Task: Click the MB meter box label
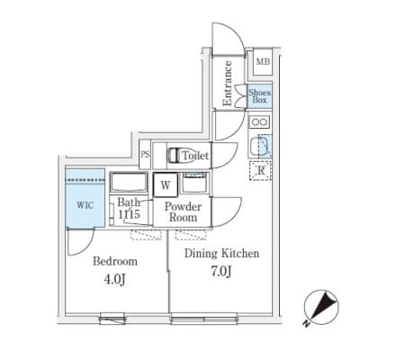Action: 263,62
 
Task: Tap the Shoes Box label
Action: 260,96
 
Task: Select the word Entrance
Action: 227,83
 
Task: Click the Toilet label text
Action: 195,156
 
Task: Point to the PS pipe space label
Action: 145,155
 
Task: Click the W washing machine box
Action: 166,185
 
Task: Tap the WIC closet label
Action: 85,205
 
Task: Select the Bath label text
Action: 129,202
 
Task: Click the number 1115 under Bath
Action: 129,214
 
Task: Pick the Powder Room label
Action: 183,211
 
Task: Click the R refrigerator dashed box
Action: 260,170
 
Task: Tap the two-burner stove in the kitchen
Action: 259,122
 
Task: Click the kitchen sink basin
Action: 260,147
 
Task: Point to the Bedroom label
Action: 115,261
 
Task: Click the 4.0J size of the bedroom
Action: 114,279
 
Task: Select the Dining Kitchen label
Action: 221,254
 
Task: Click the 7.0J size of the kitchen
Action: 221,272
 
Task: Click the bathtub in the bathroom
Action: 129,182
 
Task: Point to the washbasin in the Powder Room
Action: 194,184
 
